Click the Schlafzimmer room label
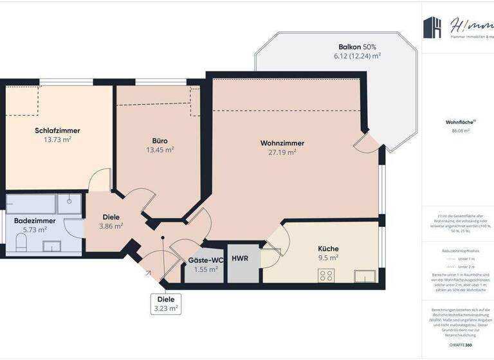point(57,130)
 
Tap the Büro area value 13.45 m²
point(160,150)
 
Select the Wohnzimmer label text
point(282,143)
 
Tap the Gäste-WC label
point(205,260)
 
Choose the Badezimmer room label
point(35,221)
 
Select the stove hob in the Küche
point(325,275)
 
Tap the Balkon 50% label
point(357,47)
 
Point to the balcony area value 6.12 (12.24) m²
point(357,56)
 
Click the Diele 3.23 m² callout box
point(166,303)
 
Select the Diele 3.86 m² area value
point(111,226)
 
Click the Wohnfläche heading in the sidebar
point(460,122)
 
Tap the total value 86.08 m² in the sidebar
point(460,130)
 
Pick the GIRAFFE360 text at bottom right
point(460,345)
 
